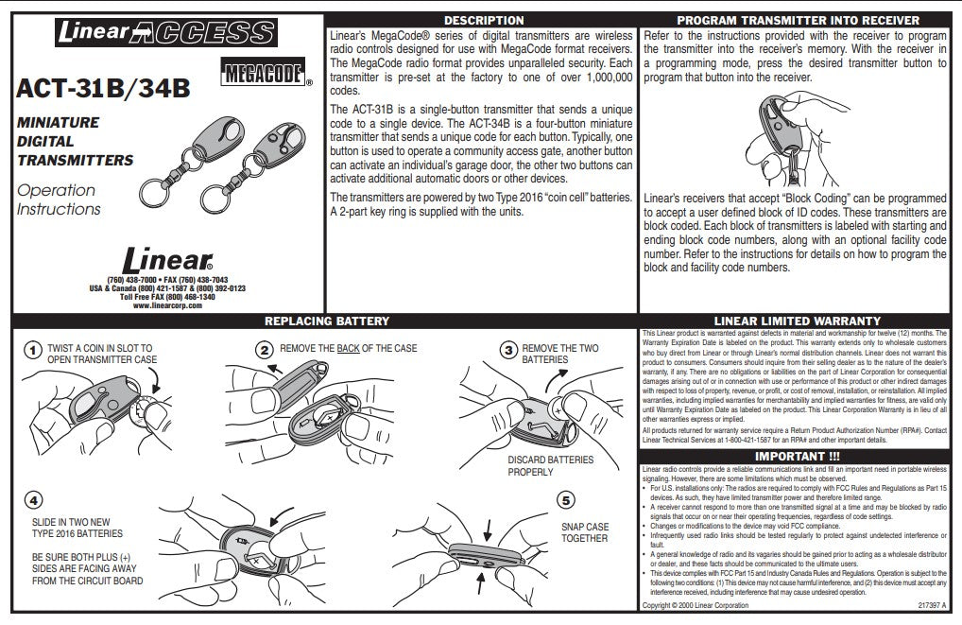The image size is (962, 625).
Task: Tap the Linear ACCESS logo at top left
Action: tap(163, 32)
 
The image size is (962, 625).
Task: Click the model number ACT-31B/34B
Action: tap(103, 89)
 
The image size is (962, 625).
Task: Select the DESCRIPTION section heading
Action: tap(483, 20)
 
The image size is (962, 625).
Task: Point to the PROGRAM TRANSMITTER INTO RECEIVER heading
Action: tap(799, 20)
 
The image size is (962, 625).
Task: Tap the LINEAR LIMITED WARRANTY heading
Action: tap(799, 321)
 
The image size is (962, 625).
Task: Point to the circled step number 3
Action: tap(508, 351)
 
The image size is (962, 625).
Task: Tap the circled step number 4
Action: tap(33, 498)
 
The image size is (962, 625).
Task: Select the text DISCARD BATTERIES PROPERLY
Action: tap(550, 465)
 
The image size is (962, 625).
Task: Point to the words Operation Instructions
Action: tap(58, 200)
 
